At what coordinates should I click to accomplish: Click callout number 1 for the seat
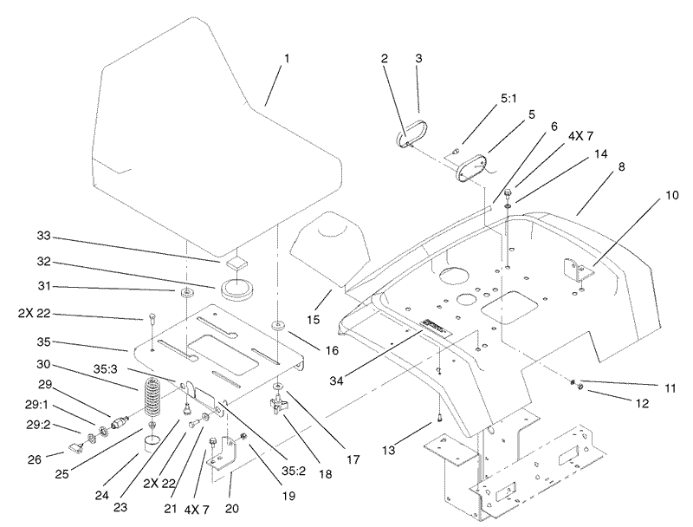click(x=287, y=59)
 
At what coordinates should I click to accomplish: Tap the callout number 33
click(x=44, y=236)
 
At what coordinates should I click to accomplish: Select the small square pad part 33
click(x=236, y=263)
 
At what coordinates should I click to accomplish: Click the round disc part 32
click(x=237, y=290)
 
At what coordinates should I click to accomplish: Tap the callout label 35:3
click(x=105, y=368)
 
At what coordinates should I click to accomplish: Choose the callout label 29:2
click(x=38, y=426)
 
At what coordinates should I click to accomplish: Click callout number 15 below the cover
click(x=313, y=319)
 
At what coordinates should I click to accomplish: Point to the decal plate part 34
click(x=435, y=326)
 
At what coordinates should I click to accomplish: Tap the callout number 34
click(x=338, y=381)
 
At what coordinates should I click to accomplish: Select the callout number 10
click(x=672, y=195)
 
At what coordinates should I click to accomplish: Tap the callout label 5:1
click(x=508, y=98)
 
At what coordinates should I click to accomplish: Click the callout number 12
click(x=642, y=403)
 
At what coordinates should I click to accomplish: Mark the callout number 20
click(x=232, y=509)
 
